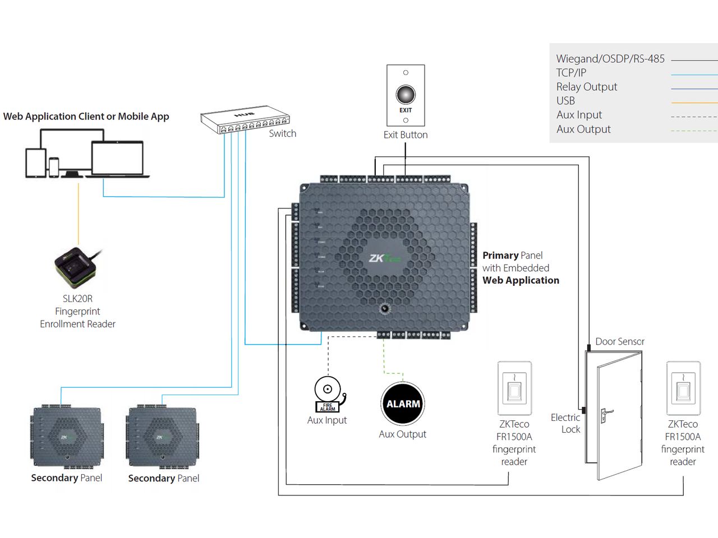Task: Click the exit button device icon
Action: tap(406, 95)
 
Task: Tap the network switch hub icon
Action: tap(245, 122)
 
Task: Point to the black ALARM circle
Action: tap(403, 403)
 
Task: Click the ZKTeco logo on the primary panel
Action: tap(384, 258)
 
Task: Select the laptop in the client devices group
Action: tap(118, 160)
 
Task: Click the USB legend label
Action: tap(565, 101)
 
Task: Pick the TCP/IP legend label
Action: tap(571, 73)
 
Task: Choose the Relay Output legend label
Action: tap(586, 87)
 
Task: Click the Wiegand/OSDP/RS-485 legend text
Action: tap(610, 59)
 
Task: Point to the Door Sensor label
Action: tap(619, 341)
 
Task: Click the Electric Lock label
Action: tap(565, 424)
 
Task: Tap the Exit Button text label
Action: tap(406, 135)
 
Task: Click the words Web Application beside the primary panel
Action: tap(521, 280)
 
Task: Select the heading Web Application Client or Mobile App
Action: tap(86, 117)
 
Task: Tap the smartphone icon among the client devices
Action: tap(54, 167)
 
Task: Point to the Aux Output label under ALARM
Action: tap(402, 434)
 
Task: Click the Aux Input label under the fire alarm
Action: tap(327, 420)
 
